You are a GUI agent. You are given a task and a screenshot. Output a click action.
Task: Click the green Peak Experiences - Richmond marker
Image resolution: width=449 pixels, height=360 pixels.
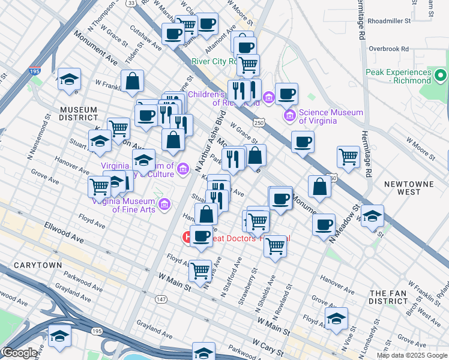(440, 76)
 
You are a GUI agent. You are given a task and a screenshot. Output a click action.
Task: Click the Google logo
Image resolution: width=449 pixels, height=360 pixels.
(19, 353)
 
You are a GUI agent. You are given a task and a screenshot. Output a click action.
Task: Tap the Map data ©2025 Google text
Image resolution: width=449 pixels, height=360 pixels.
(412, 355)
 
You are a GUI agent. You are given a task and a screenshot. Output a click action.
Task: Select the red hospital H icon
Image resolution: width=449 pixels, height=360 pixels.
(188, 237)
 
